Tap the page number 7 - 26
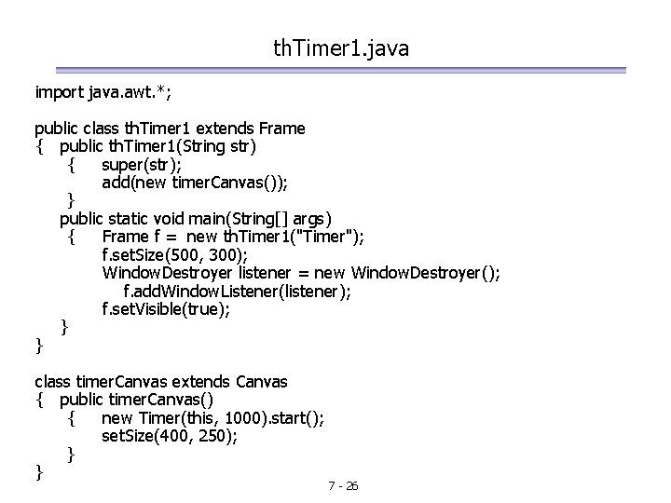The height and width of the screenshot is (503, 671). click(344, 486)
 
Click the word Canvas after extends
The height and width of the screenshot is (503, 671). click(261, 382)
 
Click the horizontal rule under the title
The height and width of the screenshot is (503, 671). click(339, 70)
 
